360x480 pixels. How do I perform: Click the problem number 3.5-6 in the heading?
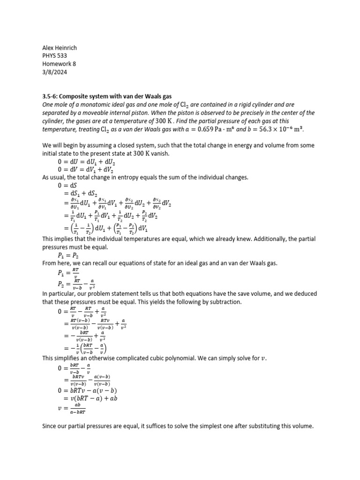tap(50, 96)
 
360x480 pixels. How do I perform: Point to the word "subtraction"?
tap(225, 302)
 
